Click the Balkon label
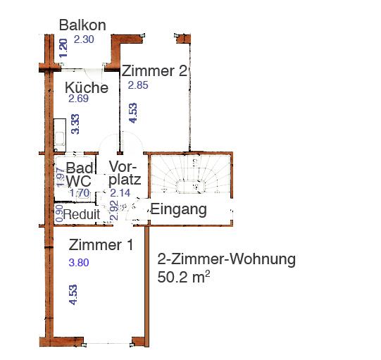click(x=82, y=25)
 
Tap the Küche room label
click(x=87, y=88)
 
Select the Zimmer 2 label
click(x=154, y=71)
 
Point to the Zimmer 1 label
click(x=101, y=245)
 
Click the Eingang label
click(x=179, y=209)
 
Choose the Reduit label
click(x=82, y=214)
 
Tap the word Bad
click(x=79, y=168)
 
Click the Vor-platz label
click(x=126, y=173)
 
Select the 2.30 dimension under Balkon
click(x=84, y=39)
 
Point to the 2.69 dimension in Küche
click(x=78, y=99)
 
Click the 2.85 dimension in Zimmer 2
click(x=138, y=85)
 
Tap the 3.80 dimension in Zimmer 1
click(x=79, y=263)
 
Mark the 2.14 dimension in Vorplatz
click(x=121, y=192)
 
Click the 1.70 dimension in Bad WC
click(x=79, y=192)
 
